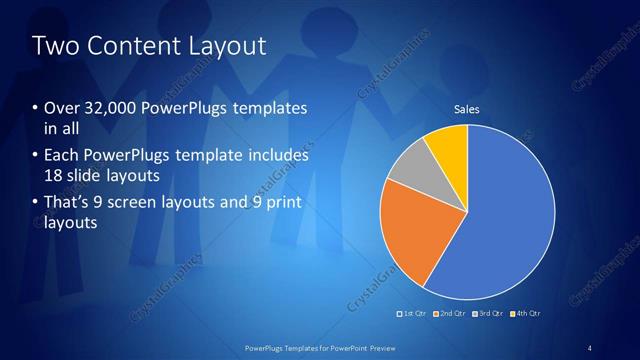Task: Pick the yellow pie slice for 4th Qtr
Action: point(446,148)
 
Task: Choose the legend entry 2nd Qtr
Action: point(451,314)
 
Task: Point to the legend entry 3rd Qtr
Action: point(490,314)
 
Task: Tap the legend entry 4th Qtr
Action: point(527,314)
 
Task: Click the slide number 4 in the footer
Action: point(590,348)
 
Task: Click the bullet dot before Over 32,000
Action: point(36,108)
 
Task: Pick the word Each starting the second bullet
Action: point(62,156)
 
